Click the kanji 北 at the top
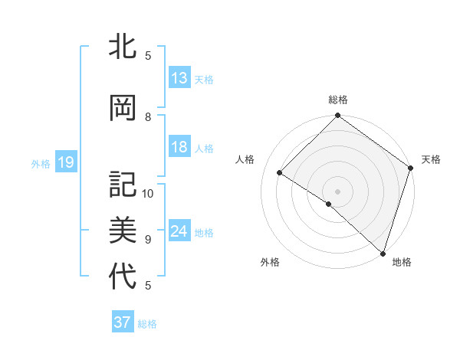coord(123,47)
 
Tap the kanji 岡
coord(123,108)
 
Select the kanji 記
coord(123,185)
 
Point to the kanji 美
coord(123,230)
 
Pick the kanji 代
coord(123,276)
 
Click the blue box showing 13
coord(179,78)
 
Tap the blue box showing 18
coord(179,148)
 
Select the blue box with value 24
coord(179,232)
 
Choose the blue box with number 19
coord(65,162)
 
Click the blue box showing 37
coord(123,322)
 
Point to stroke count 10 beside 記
coord(148,193)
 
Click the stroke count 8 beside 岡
coord(148,117)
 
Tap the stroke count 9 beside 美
coord(148,239)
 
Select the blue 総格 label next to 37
coord(147,324)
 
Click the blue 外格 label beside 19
coord(41,163)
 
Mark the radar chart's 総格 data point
coord(337,116)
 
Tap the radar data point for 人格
coord(280,172)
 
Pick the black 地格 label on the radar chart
coord(402,262)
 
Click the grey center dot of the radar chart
coord(337,191)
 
